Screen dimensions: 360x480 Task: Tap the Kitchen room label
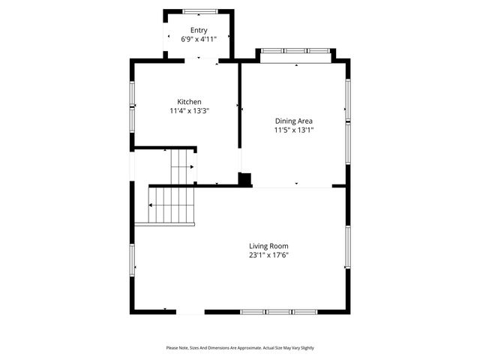click(188, 102)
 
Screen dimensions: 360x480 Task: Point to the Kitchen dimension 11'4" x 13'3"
click(188, 111)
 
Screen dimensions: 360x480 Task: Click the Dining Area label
click(293, 121)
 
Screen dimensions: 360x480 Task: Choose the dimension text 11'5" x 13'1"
click(293, 130)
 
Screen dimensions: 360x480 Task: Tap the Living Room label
click(268, 246)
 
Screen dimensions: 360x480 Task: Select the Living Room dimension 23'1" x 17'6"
click(268, 255)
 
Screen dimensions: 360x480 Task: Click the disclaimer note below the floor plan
click(240, 348)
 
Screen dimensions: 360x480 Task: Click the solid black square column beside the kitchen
click(244, 179)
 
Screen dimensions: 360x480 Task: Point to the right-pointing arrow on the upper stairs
click(192, 167)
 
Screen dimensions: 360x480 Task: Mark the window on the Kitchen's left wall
click(133, 105)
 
